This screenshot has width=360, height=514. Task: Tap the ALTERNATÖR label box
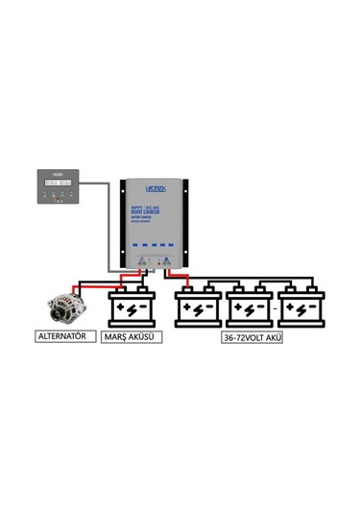pyautogui.click(x=63, y=337)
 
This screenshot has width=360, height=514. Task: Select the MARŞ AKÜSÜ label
pyautogui.click(x=132, y=337)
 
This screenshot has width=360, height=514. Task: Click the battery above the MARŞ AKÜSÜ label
pyautogui.click(x=132, y=308)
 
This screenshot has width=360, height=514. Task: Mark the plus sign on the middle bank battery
pyautogui.click(x=240, y=310)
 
